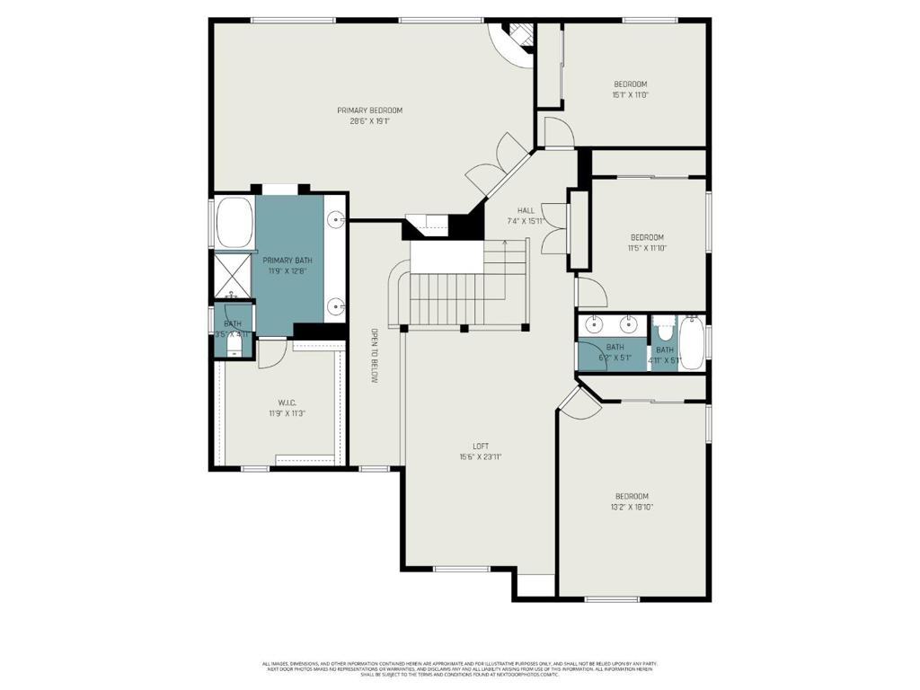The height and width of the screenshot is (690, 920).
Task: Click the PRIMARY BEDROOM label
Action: pos(369,111)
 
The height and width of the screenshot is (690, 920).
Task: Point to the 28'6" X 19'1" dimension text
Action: pos(369,121)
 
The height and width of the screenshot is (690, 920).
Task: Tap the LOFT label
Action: pos(481,446)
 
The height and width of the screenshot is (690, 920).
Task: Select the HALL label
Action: pos(526,210)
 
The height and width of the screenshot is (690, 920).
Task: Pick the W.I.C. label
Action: pos(287,402)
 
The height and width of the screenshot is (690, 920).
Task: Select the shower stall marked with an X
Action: pos(232,274)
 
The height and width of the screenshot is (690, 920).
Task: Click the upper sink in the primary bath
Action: pos(335,219)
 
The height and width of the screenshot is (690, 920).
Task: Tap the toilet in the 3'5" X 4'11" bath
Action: pos(234,343)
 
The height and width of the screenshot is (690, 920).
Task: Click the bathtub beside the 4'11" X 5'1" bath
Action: pos(693,341)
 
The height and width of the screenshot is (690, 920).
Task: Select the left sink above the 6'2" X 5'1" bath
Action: pos(594,324)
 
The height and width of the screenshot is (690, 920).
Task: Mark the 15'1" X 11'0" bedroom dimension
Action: pos(630,95)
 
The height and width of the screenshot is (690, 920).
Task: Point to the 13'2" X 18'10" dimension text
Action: pos(632,507)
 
